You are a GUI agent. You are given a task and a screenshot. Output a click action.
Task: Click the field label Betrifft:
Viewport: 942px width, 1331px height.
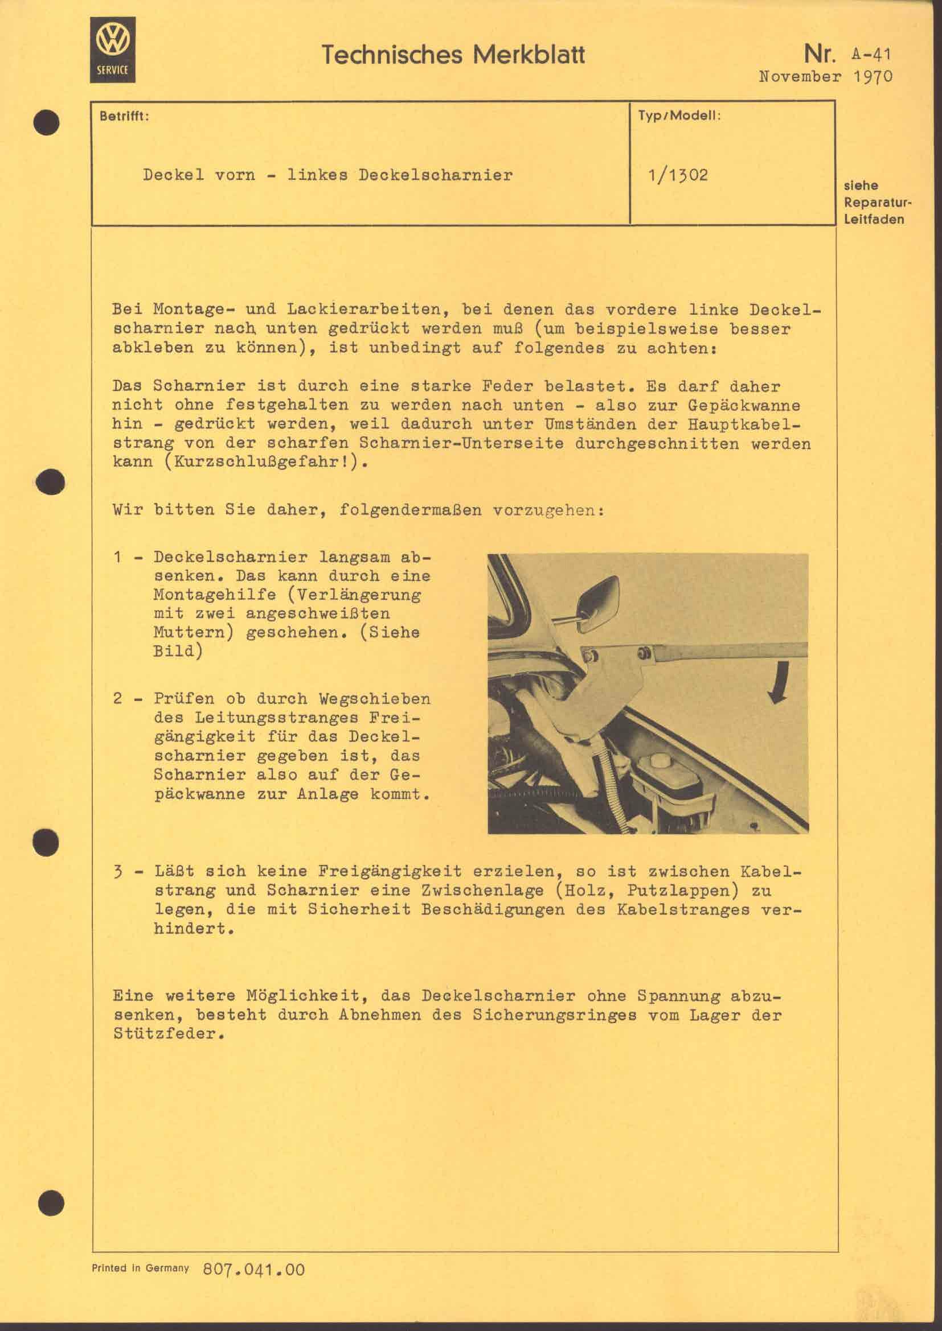click(x=124, y=116)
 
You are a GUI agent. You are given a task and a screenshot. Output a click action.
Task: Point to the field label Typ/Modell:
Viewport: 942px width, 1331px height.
click(x=679, y=116)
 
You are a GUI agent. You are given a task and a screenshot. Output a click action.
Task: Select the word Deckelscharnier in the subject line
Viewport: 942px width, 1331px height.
click(x=435, y=175)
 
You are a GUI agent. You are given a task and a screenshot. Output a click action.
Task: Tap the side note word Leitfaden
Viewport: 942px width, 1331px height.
click(x=874, y=219)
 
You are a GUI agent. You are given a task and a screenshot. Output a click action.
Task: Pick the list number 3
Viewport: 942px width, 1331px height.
click(x=118, y=872)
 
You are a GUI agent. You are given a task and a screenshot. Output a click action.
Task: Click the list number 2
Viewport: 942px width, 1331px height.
click(x=118, y=699)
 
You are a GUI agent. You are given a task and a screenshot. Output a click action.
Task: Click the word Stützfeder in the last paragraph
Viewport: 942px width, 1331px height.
click(x=168, y=1034)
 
